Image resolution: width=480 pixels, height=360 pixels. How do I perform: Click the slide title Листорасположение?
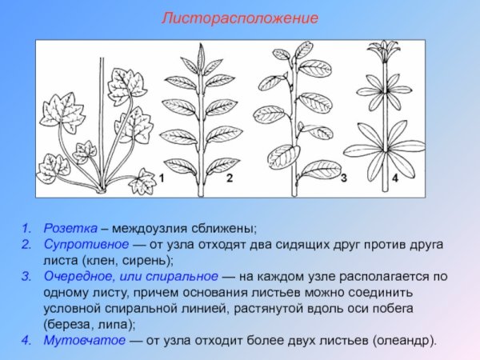pos(240,18)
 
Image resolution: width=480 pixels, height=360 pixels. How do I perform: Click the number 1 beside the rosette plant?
pos(161,178)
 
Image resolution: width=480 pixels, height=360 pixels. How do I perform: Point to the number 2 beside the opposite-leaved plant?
pos(229,178)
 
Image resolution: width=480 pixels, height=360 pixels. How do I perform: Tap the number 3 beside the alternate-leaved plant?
pos(343,178)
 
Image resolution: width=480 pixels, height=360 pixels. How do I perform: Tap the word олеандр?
pos(404,340)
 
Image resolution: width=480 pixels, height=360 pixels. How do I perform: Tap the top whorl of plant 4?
pos(382,53)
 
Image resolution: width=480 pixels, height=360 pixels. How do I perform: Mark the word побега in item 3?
pos(403,308)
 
